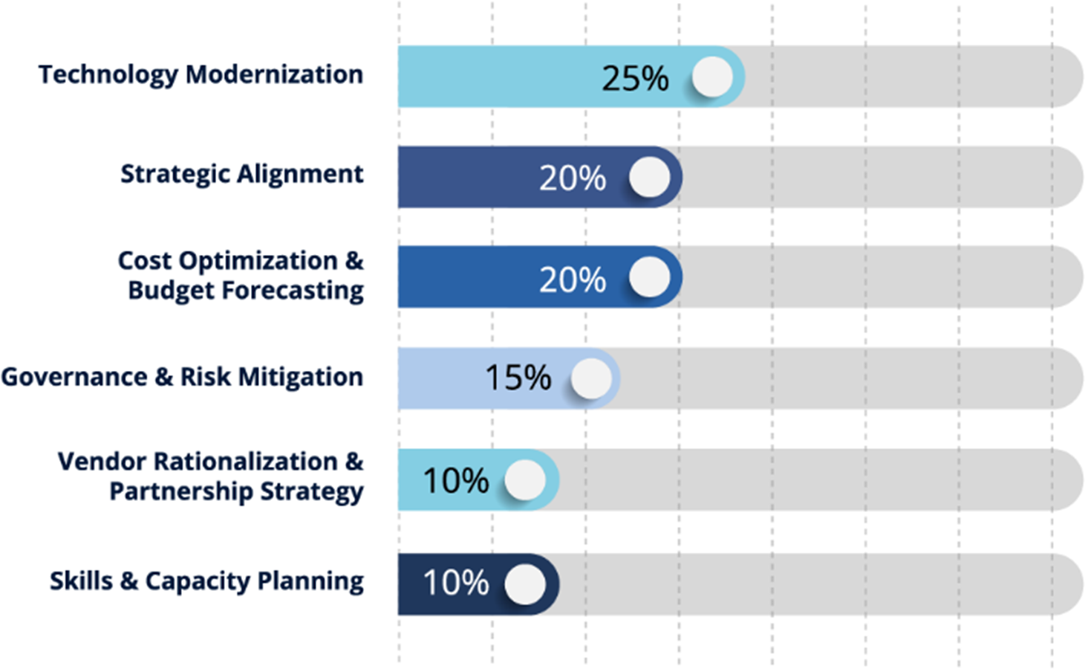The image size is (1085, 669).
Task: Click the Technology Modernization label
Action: point(201,75)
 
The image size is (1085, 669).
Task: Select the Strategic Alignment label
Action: point(242,174)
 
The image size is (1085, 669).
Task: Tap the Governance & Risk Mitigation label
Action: point(182,377)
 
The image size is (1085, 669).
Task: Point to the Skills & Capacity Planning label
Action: point(206,581)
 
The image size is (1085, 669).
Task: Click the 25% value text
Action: point(635,78)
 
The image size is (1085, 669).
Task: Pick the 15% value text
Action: point(518,378)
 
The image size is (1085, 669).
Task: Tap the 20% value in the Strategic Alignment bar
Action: point(573,178)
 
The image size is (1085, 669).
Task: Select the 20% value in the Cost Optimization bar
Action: point(573,280)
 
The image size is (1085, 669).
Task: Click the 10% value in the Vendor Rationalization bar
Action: point(456,480)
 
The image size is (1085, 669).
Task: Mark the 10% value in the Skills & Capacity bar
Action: point(456,583)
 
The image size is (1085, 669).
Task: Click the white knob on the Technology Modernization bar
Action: point(712,77)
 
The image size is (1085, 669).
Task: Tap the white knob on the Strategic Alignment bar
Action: point(650,177)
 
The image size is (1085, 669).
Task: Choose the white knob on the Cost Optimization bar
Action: point(650,277)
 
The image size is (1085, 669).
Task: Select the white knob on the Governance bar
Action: point(592,378)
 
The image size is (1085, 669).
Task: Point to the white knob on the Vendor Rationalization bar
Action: point(525,479)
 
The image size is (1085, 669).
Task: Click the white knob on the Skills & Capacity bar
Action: point(525,584)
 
